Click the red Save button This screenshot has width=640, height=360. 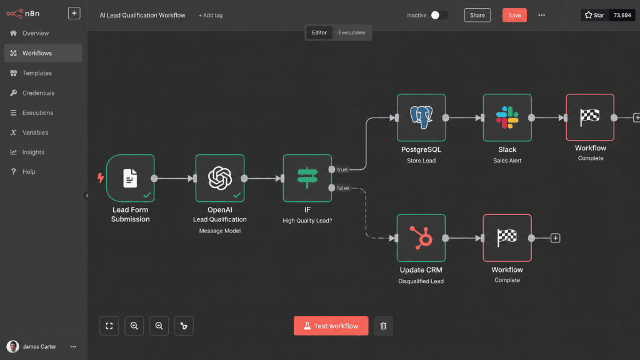click(514, 15)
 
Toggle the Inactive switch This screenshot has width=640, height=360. click(439, 15)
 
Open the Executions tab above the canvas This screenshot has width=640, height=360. click(351, 32)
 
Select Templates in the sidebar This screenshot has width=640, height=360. click(37, 73)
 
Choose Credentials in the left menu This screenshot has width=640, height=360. click(38, 93)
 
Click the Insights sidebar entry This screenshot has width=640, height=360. click(33, 152)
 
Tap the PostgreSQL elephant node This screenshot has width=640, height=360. click(421, 117)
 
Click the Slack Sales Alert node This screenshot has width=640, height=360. click(507, 117)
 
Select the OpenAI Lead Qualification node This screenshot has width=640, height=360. click(220, 178)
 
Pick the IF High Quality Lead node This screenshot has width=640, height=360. click(307, 178)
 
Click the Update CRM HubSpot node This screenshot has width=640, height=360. click(421, 238)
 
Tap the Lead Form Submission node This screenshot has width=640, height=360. click(130, 178)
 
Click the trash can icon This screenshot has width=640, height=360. click(383, 326)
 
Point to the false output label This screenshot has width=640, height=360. click(343, 187)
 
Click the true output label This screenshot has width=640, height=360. click(342, 169)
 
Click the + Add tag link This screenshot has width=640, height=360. click(211, 16)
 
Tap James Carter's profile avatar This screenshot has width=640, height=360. click(12, 346)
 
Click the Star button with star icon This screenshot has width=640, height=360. click(594, 15)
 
